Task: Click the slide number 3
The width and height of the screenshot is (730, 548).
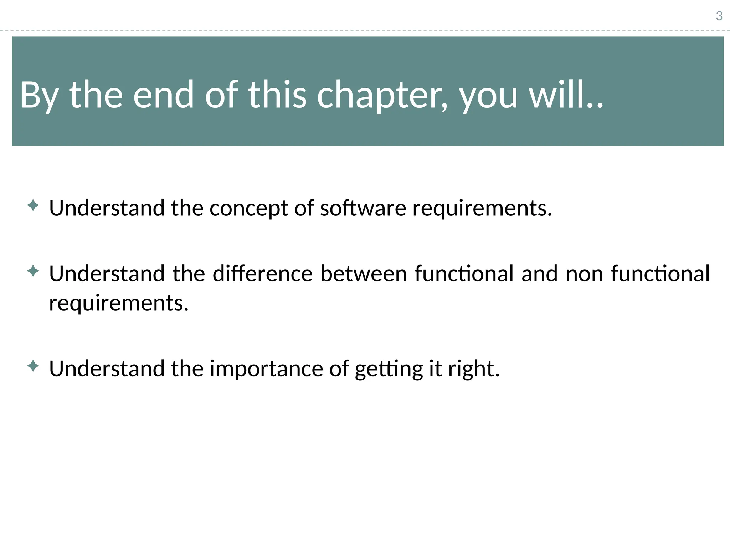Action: [719, 16]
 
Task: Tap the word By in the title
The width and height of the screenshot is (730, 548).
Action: [39, 95]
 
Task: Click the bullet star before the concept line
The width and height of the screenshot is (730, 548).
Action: [33, 205]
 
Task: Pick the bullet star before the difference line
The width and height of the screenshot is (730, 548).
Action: [33, 272]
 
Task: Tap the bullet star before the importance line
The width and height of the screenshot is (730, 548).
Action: [33, 366]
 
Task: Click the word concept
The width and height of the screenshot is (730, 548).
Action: [248, 208]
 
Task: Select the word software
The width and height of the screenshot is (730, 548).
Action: [363, 208]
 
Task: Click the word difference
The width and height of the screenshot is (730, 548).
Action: [263, 274]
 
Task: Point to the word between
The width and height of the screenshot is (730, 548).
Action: [364, 274]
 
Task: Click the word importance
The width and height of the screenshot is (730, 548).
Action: [266, 369]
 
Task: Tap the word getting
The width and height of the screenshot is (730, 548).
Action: [389, 369]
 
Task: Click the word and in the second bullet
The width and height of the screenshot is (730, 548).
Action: [539, 274]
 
